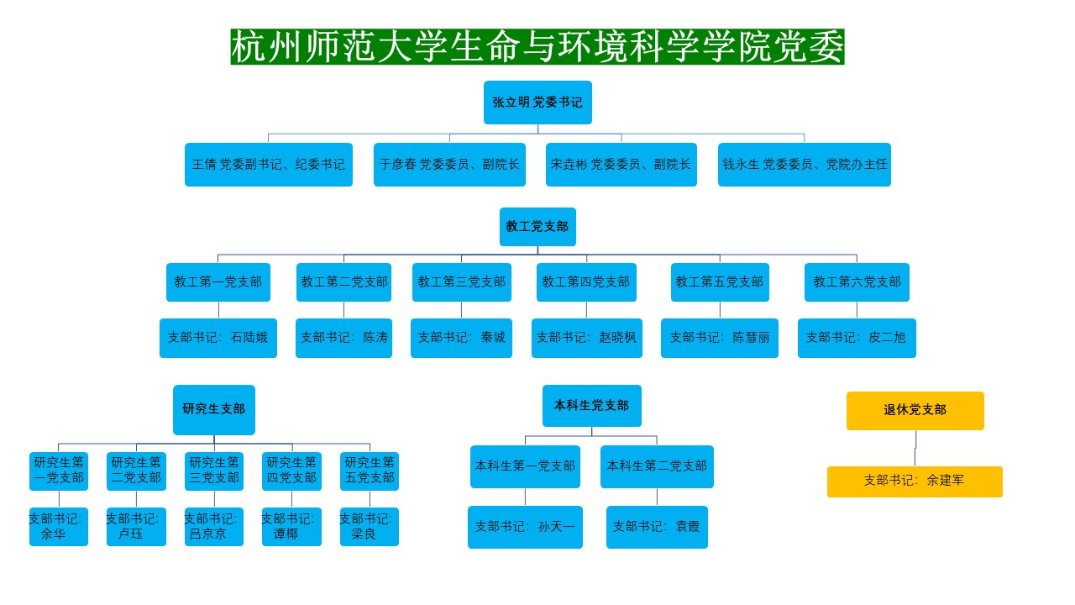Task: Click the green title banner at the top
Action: tap(537, 47)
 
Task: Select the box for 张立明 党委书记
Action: tap(537, 103)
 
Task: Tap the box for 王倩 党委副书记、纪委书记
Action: tap(269, 165)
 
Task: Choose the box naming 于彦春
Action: tap(449, 165)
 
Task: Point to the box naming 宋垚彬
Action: tap(621, 165)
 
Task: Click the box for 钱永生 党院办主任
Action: tap(805, 165)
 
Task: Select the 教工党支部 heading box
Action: tap(537, 227)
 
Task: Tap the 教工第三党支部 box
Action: tap(461, 282)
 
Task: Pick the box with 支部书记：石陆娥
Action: tap(218, 338)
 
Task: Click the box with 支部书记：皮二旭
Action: tap(857, 338)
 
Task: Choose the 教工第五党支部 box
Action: tap(720, 282)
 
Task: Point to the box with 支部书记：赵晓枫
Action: tap(587, 338)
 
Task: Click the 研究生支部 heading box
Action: tap(214, 409)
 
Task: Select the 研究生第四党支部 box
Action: tap(291, 471)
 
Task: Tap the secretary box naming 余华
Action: tap(59, 527)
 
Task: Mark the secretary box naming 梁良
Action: tap(370, 527)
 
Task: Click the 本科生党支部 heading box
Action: tap(591, 406)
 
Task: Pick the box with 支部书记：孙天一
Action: tap(525, 527)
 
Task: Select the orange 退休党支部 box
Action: tap(915, 411)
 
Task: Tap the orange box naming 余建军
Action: tap(915, 481)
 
